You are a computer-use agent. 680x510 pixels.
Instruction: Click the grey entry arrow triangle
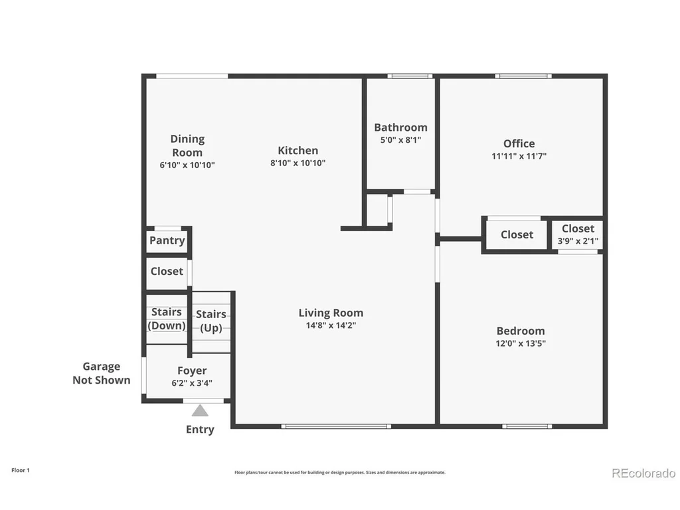coord(200,410)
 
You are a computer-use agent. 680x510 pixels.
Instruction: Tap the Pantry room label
coord(167,240)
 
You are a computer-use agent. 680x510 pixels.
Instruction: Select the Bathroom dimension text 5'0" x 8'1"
coord(400,140)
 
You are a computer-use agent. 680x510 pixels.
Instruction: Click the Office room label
coord(519,143)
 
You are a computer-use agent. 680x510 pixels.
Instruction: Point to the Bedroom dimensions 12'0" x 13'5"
coord(521,343)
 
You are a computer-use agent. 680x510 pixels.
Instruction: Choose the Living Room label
coord(331,313)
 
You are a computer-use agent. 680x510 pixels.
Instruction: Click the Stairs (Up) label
coord(211,321)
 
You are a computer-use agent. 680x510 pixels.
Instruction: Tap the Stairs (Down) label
coord(167,319)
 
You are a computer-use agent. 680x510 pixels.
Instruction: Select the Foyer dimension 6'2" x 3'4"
coord(192,383)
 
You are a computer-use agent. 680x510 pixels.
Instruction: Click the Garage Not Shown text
coord(102,373)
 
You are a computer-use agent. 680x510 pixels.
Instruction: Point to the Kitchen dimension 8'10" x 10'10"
coord(298,163)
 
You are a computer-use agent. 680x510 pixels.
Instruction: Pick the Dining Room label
coord(187,145)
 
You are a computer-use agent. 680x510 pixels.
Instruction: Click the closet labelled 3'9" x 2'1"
coord(578,234)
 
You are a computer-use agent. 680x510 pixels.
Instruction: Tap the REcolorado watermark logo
coord(643,473)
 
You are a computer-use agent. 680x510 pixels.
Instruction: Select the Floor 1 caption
coord(21,470)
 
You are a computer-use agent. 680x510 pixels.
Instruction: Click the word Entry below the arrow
coord(200,430)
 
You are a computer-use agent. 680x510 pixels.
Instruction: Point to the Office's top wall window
coord(523,76)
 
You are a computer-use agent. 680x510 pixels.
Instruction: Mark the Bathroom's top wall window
coord(410,76)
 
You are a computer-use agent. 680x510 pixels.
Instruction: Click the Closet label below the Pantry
coord(167,272)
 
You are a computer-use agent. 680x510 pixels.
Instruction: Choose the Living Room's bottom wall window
coord(336,426)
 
